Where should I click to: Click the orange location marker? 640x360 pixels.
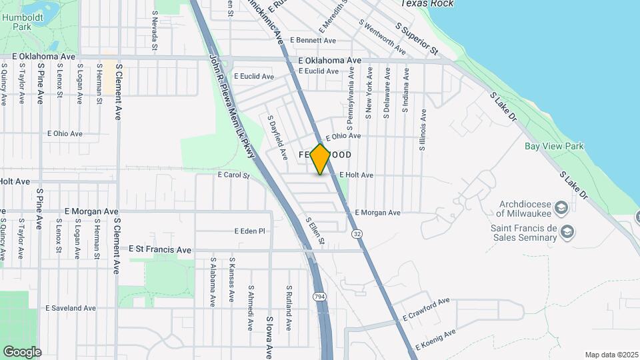click(321, 159)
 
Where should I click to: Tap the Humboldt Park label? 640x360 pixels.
click(19, 21)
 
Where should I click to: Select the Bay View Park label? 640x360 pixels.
click(553, 146)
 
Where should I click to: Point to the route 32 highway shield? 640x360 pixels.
click(358, 234)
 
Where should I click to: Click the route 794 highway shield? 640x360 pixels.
click(321, 295)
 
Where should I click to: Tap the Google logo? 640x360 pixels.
click(22, 351)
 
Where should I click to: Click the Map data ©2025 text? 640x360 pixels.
click(611, 355)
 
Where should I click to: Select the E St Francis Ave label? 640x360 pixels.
click(160, 249)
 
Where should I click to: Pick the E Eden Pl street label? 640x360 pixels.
click(249, 231)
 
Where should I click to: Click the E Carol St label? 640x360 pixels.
click(233, 176)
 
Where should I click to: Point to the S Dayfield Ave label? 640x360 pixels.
click(277, 138)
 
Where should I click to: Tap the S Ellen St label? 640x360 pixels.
click(315, 230)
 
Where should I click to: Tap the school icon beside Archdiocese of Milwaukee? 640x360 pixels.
click(561, 209)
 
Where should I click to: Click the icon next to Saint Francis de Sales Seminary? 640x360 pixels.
click(567, 232)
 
